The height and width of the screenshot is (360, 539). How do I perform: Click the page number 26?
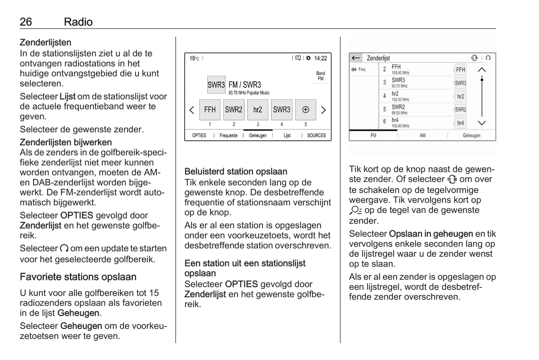click(26, 22)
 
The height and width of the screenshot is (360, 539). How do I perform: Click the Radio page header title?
click(78, 22)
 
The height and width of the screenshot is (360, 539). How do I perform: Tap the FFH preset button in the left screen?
click(210, 110)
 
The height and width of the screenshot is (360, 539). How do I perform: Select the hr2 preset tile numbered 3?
click(258, 110)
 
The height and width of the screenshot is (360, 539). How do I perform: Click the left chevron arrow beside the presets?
click(192, 110)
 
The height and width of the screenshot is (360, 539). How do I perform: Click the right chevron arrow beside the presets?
click(323, 110)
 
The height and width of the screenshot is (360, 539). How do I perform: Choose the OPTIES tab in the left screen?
click(199, 135)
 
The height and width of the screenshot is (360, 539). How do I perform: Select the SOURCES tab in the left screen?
click(316, 135)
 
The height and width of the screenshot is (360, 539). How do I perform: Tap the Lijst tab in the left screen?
click(287, 135)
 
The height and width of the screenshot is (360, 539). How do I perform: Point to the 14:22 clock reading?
click(320, 58)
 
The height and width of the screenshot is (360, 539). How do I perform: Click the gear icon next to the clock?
click(308, 58)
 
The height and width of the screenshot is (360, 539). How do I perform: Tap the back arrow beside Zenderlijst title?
click(356, 58)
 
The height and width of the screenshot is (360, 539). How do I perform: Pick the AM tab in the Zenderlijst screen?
click(423, 135)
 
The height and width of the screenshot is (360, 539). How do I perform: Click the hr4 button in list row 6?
click(461, 123)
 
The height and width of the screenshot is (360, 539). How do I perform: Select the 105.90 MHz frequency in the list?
click(400, 73)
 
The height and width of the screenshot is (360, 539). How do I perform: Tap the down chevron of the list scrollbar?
click(482, 123)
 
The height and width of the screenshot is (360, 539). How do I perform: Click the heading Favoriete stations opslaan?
click(78, 277)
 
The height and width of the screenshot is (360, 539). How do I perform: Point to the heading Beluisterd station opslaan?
click(236, 172)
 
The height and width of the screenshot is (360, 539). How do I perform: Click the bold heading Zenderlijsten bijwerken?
click(66, 142)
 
